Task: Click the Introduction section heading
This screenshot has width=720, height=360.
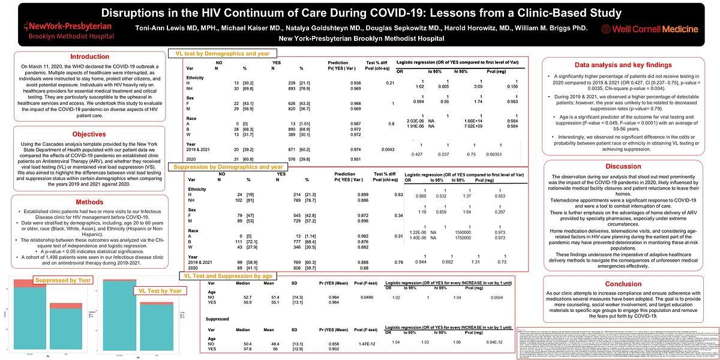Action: pos(90,57)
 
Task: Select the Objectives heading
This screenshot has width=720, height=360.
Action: pos(89,134)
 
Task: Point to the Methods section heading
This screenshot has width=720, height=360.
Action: pos(89,202)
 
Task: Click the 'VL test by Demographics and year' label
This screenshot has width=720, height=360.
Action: pos(223,53)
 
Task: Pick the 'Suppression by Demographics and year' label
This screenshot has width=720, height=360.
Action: pos(229,167)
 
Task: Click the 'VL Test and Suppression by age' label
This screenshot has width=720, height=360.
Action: pos(228,275)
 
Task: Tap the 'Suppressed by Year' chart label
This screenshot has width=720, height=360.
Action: pos(63,280)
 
